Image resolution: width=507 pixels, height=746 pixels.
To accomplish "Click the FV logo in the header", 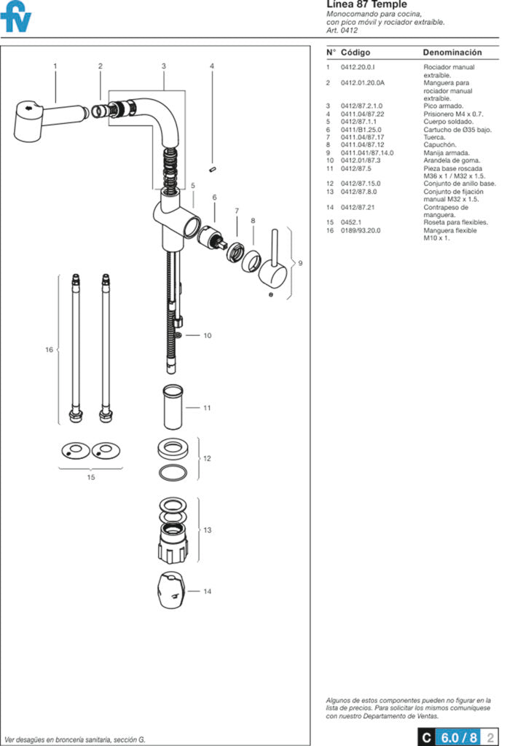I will (x=15, y=17).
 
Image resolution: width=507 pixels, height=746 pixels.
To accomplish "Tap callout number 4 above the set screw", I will (x=212, y=66).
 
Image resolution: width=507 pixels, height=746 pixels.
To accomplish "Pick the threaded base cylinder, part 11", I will (x=172, y=407).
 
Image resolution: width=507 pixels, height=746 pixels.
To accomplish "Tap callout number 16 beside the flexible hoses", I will (x=49, y=350).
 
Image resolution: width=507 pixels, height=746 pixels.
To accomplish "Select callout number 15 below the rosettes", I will (x=91, y=477).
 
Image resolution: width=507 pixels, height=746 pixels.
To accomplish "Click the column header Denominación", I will (x=452, y=52).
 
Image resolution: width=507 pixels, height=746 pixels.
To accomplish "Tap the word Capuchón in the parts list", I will (x=439, y=145).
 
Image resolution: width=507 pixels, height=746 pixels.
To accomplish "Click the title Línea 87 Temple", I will (x=366, y=5).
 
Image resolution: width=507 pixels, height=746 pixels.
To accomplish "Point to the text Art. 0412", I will (x=342, y=31).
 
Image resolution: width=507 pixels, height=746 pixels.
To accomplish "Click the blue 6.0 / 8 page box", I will (x=457, y=737).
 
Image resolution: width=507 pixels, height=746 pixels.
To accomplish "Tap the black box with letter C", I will (x=425, y=737).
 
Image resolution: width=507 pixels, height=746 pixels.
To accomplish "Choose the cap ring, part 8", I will (x=252, y=262).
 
